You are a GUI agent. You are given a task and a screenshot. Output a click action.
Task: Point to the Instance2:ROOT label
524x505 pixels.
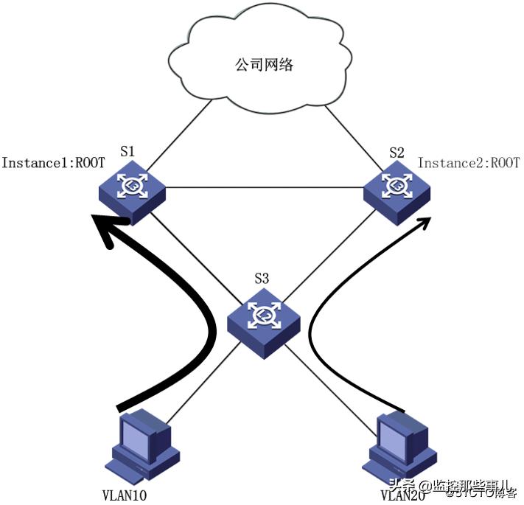[x=469, y=163]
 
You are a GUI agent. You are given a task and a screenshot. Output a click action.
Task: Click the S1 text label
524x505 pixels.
[x=127, y=151]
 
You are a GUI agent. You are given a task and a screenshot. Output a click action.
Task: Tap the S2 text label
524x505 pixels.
[x=397, y=153]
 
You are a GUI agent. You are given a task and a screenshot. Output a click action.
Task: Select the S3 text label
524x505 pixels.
[x=262, y=279]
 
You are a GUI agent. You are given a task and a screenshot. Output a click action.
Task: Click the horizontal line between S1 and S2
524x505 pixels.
[x=265, y=188]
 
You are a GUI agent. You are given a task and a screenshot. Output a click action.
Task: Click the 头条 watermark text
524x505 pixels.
[x=404, y=486]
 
